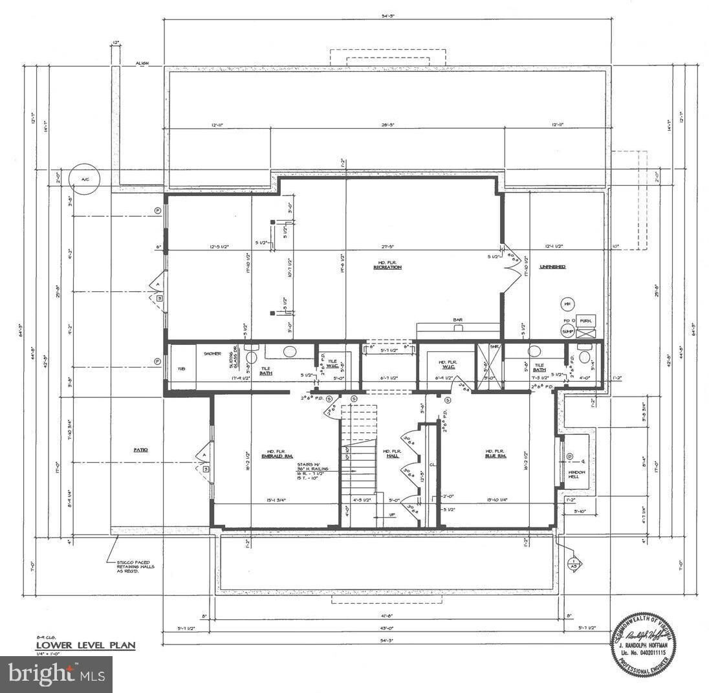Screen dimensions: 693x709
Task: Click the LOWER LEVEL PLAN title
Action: pyautogui.click(x=85, y=645)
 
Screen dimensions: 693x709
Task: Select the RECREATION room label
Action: pyautogui.click(x=387, y=267)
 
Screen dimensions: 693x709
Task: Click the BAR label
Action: pyautogui.click(x=458, y=320)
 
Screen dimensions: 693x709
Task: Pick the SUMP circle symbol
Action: pyautogui.click(x=569, y=331)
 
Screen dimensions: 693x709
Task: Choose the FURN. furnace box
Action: pyautogui.click(x=586, y=321)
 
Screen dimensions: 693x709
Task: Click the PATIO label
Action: pyautogui.click(x=141, y=449)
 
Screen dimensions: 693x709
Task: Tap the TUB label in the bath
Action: pyautogui.click(x=181, y=369)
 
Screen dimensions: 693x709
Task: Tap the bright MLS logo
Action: pyautogui.click(x=56, y=674)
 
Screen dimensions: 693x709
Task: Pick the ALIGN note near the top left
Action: pyautogui.click(x=142, y=63)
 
